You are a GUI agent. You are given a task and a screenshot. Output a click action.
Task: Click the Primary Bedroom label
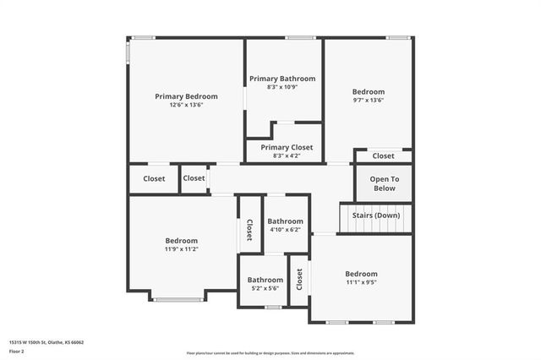click(x=186, y=96)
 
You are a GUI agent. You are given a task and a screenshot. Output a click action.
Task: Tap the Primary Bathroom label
click(x=282, y=79)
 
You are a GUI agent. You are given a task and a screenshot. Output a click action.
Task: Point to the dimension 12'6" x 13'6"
click(x=186, y=105)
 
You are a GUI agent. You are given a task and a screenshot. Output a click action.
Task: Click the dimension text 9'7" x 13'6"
click(x=369, y=100)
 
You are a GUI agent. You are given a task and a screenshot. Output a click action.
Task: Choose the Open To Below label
click(x=384, y=183)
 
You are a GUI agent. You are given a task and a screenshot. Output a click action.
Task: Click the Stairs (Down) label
click(x=376, y=215)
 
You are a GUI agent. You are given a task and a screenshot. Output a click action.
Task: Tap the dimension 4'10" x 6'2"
click(x=286, y=230)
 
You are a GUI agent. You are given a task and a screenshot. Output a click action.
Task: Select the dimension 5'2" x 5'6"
click(x=265, y=288)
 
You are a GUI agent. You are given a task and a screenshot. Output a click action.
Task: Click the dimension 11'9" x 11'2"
click(x=182, y=248)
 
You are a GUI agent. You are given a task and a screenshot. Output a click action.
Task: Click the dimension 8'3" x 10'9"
click(x=282, y=87)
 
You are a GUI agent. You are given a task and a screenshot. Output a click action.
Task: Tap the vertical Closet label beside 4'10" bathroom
click(x=249, y=231)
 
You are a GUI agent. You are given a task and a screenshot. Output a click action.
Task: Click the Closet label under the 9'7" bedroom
click(x=383, y=155)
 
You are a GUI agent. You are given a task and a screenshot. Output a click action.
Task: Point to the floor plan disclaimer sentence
click(x=270, y=352)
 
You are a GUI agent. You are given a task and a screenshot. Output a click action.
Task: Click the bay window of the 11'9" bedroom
click(x=178, y=299)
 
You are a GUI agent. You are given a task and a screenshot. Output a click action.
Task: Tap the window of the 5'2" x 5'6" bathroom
click(x=272, y=307)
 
